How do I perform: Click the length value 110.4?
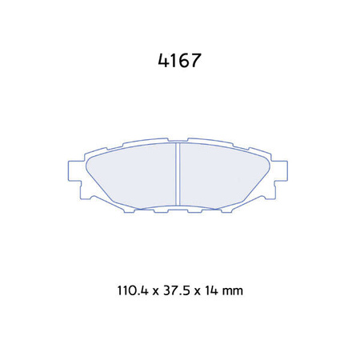point(130,291)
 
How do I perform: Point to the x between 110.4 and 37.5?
point(153,292)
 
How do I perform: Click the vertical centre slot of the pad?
point(177,175)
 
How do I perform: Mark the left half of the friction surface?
point(132,176)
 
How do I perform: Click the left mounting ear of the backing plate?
point(73,171)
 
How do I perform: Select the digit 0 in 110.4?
point(130,291)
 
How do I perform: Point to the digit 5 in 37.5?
point(183,291)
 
